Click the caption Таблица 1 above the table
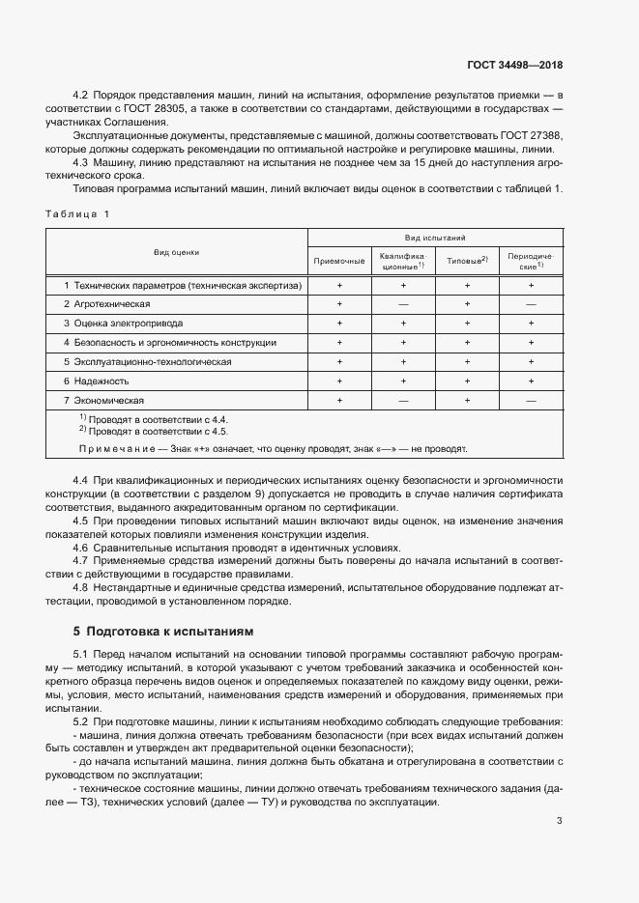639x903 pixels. (78, 213)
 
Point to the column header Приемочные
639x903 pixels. (339, 261)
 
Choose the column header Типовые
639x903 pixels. (466, 261)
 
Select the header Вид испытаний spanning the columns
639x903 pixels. (435, 237)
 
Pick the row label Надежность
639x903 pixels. (101, 381)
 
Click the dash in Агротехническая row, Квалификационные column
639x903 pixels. (403, 303)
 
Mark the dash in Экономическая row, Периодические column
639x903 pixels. (530, 400)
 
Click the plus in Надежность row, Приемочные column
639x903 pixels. (339, 381)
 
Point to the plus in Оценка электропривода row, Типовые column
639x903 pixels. (466, 323)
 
